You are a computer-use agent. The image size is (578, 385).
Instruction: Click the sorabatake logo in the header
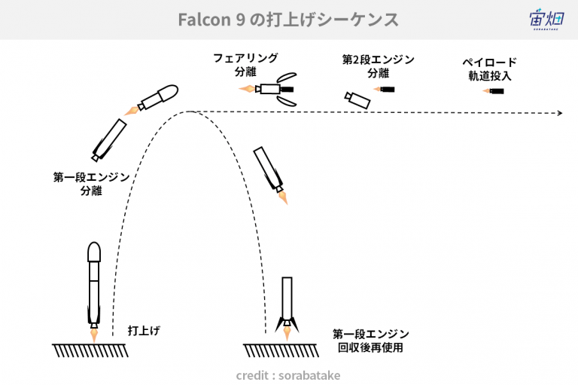pos(546,19)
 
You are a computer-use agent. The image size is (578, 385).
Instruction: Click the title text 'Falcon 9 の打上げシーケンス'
pos(288,20)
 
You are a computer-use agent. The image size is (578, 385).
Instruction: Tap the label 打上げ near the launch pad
pos(144,330)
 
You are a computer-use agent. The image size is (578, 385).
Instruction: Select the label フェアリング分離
pos(245,65)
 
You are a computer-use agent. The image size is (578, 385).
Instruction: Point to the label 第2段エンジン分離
pos(379,66)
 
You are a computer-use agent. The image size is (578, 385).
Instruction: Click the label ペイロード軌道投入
pos(489,69)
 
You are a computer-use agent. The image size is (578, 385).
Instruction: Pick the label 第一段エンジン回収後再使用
pos(370,341)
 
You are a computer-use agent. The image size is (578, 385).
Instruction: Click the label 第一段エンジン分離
pos(91,184)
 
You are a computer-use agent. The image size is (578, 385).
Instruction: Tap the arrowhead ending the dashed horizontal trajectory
pos(560,113)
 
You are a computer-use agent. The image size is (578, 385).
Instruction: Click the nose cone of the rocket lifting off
pos(94,252)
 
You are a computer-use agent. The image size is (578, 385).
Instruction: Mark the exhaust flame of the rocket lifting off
pos(94,335)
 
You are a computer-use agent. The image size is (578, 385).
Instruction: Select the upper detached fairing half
pos(287,77)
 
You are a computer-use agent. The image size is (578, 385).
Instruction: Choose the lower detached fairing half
pos(287,101)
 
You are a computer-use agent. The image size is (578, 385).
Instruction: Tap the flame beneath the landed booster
pos(287,333)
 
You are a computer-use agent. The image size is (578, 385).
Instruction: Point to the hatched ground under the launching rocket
pos(90,350)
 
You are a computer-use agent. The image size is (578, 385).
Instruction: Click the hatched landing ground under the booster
pos(281,350)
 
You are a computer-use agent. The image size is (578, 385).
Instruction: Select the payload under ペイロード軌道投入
pos(494,91)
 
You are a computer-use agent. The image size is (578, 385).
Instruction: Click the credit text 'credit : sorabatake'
pos(288,375)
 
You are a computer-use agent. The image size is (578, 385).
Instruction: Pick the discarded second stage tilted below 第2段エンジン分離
pos(357,100)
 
